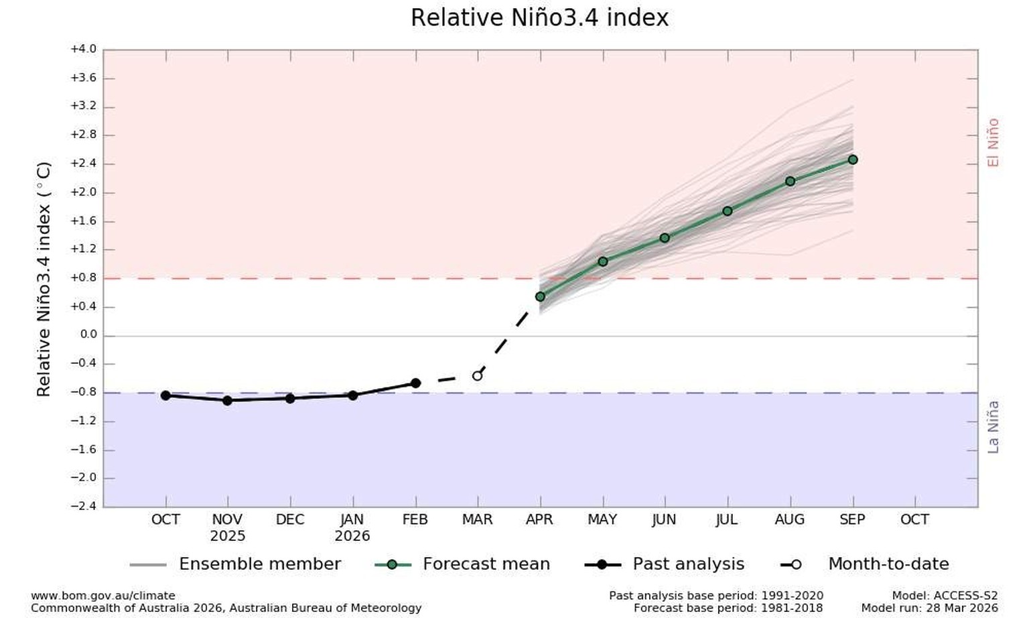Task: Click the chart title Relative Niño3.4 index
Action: point(539,18)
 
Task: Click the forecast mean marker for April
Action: point(540,296)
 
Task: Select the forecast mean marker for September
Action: point(853,160)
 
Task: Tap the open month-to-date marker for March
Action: point(477,376)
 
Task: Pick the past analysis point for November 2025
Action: point(227,400)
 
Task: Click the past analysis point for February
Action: point(415,383)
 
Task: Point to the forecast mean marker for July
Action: point(728,211)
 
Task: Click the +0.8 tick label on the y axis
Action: point(83,277)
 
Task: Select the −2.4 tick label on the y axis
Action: point(83,506)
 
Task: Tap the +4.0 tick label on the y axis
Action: point(83,49)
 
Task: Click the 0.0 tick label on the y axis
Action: point(88,334)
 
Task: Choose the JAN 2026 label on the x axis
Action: point(352,528)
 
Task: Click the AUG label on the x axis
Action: point(790,519)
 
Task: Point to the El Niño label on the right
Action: point(993,142)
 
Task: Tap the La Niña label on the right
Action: point(993,427)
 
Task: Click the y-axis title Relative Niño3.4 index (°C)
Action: point(44,279)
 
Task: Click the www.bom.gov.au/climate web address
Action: point(102,595)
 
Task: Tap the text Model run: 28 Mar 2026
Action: point(929,608)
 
